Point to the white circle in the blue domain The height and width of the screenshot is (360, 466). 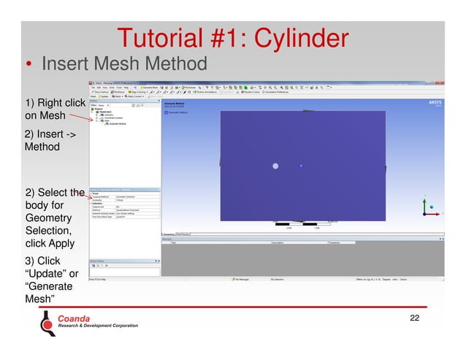click(x=275, y=166)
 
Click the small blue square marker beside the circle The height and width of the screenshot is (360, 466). click(x=301, y=166)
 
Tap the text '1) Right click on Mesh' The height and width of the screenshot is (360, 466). click(x=53, y=110)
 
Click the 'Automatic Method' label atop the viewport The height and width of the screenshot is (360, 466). click(x=177, y=104)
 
